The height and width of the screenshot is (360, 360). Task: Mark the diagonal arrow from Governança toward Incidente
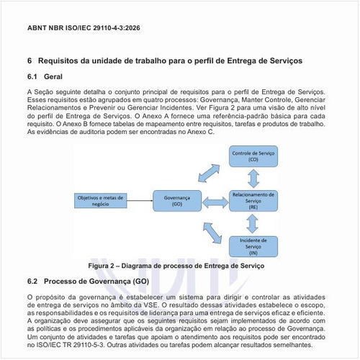[210, 229]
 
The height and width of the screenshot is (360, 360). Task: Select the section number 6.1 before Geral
[32, 77]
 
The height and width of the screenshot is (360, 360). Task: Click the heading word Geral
[56, 77]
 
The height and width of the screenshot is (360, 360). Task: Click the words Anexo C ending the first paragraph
[199, 133]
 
